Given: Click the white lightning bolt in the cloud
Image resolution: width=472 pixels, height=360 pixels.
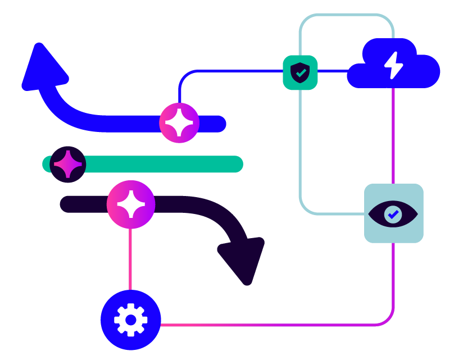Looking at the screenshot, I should [x=393, y=65].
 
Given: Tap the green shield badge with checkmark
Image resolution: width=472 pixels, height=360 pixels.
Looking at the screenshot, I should [x=300, y=72].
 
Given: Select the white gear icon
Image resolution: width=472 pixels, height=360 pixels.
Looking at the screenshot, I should [x=131, y=320].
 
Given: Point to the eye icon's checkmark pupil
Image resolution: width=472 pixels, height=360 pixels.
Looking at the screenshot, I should [x=393, y=214].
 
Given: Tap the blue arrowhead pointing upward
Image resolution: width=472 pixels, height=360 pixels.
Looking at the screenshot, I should [x=42, y=67].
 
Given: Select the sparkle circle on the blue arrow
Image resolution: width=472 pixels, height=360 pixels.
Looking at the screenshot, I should [x=179, y=123].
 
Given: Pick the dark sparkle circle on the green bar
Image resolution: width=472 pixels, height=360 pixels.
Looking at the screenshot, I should [x=68, y=164].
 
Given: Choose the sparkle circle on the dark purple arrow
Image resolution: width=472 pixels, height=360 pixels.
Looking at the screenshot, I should [x=131, y=204].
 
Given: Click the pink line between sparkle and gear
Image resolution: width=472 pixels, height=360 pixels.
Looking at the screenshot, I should [x=130, y=258].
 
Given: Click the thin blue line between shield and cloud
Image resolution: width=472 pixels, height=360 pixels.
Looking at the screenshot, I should [x=333, y=71].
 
